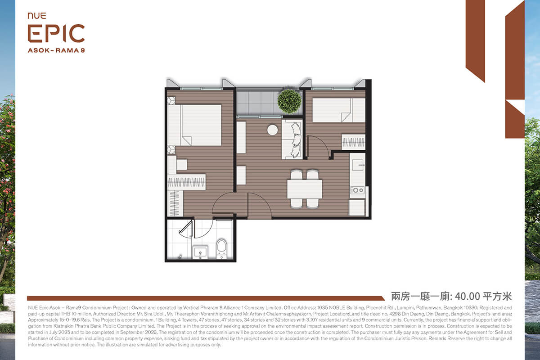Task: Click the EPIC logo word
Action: pos(56,33)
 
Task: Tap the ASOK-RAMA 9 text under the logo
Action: pos(56,50)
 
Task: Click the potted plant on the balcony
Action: pos(289,101)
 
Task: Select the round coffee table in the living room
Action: pos(272,130)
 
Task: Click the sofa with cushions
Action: pos(292,139)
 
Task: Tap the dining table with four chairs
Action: pos(305,189)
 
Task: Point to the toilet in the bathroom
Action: pos(221,248)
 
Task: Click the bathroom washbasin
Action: pos(201,252)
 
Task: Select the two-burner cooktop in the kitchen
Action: pos(357,190)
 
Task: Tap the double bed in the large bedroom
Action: pos(194,125)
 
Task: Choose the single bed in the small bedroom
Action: pos(339,110)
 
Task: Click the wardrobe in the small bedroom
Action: pos(353,142)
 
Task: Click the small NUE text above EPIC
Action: pos(37,16)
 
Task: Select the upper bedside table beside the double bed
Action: pos(171,100)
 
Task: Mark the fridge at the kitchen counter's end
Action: pos(357,207)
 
